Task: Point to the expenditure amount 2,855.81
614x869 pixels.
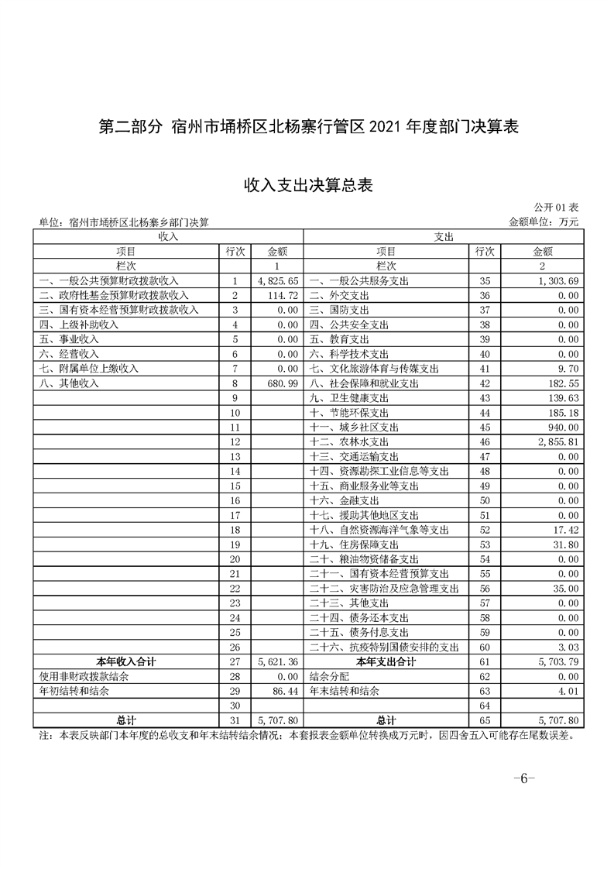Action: [554, 441]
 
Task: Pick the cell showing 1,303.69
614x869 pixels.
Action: [554, 280]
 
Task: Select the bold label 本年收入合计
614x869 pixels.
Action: [126, 662]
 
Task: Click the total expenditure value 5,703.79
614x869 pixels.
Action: [554, 662]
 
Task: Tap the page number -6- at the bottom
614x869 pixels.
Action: [524, 779]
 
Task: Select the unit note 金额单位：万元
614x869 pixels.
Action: [544, 222]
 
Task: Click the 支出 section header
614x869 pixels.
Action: [444, 235]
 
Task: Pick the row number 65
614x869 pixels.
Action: [485, 721]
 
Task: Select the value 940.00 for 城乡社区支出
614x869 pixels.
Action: [559, 427]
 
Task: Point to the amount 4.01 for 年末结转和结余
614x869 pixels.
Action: [567, 692]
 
